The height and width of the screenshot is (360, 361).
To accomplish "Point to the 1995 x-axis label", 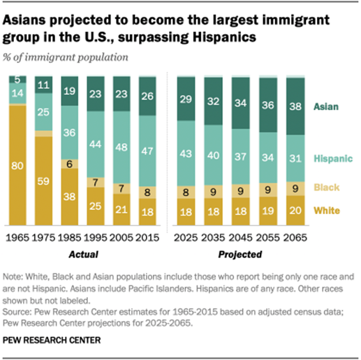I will [96, 238].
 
